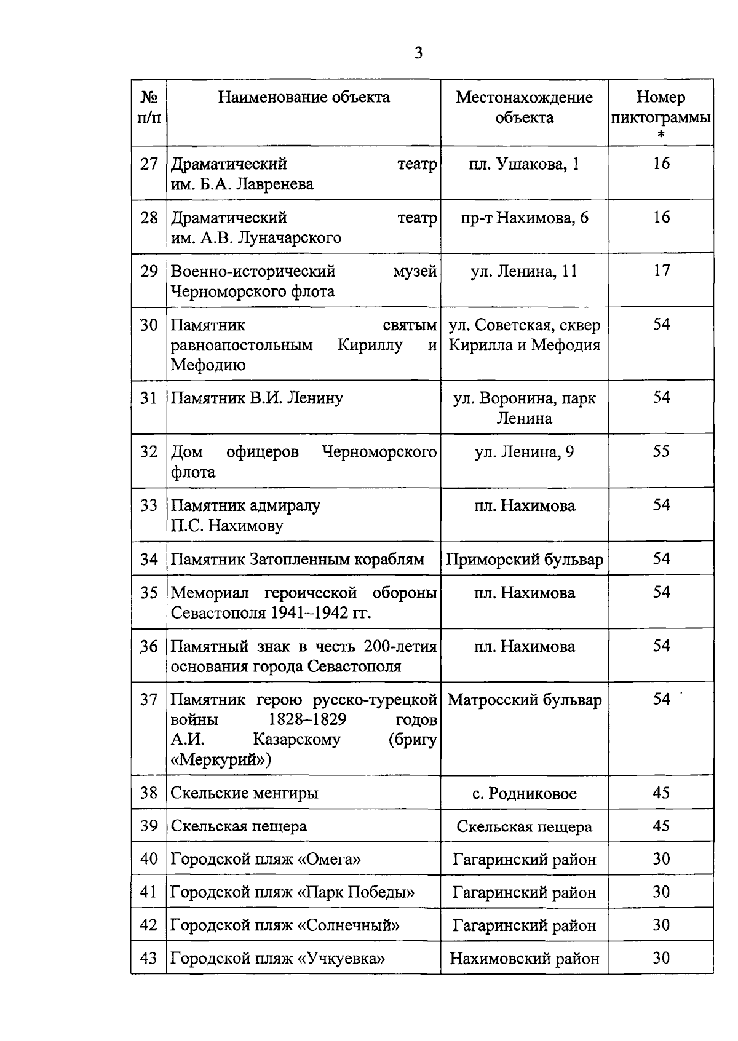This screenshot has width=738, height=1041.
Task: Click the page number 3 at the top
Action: [418, 53]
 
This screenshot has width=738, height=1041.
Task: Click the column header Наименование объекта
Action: [304, 97]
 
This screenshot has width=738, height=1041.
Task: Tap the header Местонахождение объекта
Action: [524, 107]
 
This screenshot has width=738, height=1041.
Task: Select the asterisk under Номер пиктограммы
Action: [661, 135]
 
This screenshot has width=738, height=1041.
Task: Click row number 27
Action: [149, 164]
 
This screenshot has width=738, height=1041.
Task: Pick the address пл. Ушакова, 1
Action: [524, 164]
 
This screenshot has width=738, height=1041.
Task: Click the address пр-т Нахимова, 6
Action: [524, 218]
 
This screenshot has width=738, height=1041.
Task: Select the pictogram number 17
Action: [661, 271]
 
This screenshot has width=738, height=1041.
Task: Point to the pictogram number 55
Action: [661, 452]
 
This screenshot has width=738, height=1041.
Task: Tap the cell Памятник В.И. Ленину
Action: [256, 398]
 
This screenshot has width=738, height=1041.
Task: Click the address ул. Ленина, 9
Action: [524, 453]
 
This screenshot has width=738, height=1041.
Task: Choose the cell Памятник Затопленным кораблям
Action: [297, 560]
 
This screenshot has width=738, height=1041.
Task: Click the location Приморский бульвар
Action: [524, 560]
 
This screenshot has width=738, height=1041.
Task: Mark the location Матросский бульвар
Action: [524, 700]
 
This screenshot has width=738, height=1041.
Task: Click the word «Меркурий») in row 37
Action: [221, 760]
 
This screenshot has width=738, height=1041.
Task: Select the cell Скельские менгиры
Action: [244, 793]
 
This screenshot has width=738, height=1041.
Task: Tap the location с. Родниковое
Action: [524, 794]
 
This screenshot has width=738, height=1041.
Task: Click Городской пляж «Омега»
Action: [266, 859]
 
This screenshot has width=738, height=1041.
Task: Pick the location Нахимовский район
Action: [524, 959]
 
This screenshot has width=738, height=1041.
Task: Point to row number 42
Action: [149, 925]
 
